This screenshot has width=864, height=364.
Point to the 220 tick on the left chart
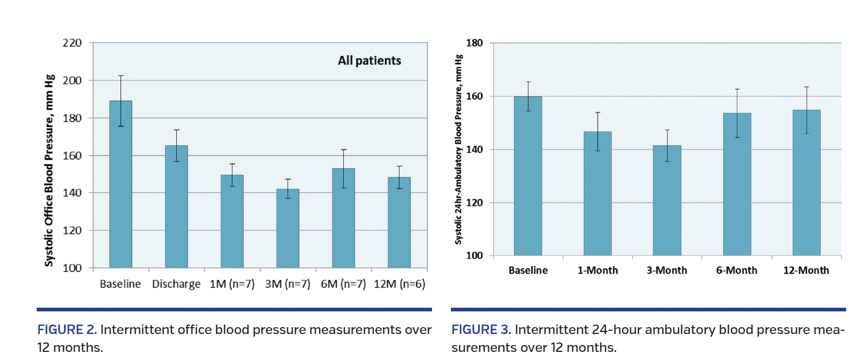click(72, 43)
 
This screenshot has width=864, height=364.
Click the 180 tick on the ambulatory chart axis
click(474, 43)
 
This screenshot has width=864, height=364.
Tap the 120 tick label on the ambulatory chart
click(474, 203)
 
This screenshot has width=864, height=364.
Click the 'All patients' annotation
click(369, 60)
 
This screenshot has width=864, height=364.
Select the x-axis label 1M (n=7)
click(232, 284)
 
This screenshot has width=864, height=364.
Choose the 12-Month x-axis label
click(806, 270)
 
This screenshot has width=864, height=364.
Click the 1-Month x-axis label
click(598, 270)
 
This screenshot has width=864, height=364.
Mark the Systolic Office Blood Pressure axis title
click(49, 170)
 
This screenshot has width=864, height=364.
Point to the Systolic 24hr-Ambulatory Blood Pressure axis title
click(458, 149)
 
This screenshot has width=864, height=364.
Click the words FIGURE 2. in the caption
click(67, 330)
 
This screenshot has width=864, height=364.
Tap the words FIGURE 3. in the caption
click(481, 330)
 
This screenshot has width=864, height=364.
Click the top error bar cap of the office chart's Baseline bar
click(121, 76)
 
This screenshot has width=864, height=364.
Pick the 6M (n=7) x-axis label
click(343, 284)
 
